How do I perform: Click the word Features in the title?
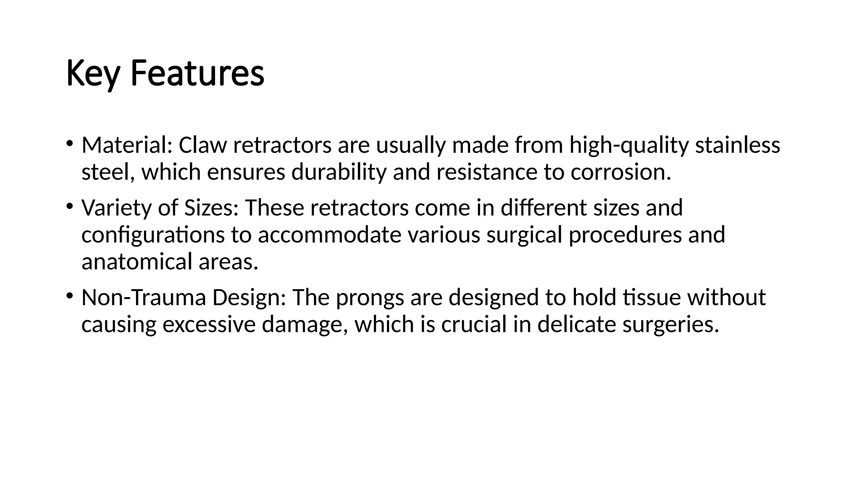pyautogui.click(x=197, y=73)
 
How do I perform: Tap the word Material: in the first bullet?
pyautogui.click(x=127, y=145)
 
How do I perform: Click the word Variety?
pyautogui.click(x=116, y=208)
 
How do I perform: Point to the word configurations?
pyautogui.click(x=153, y=235)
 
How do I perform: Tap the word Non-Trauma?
pyautogui.click(x=144, y=298)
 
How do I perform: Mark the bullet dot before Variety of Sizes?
pyautogui.click(x=69, y=206)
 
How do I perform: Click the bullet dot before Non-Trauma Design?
pyautogui.click(x=69, y=296)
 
